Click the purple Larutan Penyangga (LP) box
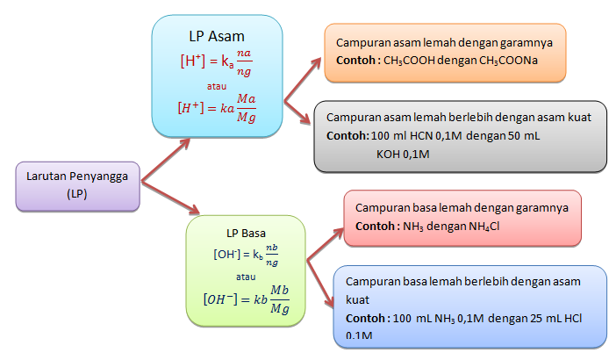tap(78, 185)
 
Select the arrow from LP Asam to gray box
tap(300, 112)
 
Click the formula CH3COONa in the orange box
tap(509, 60)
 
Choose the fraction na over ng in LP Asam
tap(252, 63)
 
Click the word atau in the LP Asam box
tap(216, 86)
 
